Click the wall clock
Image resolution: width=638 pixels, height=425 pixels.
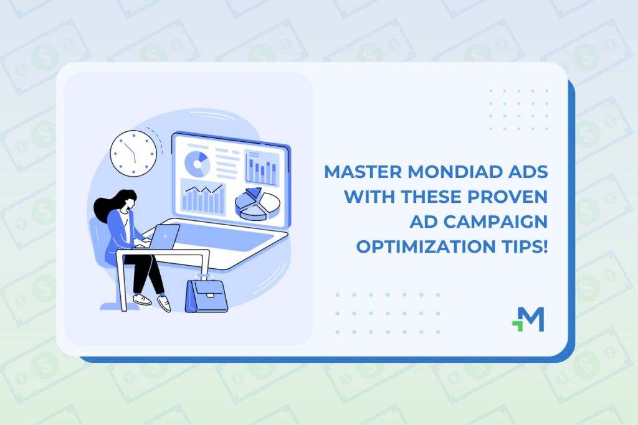pos(132,152)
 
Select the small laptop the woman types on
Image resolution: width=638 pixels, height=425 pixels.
pos(164,235)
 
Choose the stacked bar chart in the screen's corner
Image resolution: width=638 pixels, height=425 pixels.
pos(262,167)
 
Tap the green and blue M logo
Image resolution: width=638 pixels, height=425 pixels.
pos(528,319)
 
